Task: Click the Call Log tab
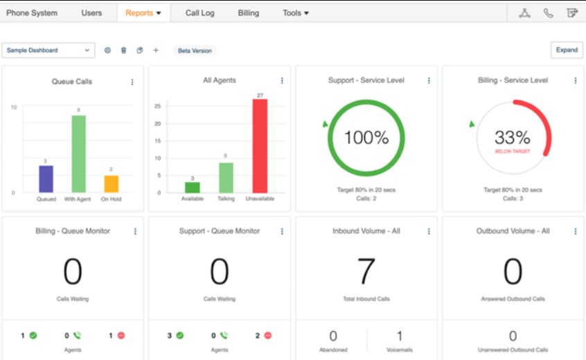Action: point(199,12)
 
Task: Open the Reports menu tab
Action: point(143,12)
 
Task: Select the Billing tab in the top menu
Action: point(248,12)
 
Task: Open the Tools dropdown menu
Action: point(296,12)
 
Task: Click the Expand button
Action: point(567,50)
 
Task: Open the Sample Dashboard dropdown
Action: point(48,50)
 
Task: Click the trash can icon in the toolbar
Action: point(123,50)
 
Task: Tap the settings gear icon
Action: point(107,50)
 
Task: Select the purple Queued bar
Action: point(46,179)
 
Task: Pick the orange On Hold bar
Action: point(112,183)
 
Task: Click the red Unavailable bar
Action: point(260,145)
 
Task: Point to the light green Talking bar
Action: point(227,177)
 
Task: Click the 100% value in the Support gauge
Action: point(366,137)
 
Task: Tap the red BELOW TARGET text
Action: point(513,151)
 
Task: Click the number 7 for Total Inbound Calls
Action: point(366,272)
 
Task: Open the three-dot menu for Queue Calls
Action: point(132,82)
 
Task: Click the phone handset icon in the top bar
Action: point(549,12)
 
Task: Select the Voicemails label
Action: point(400,350)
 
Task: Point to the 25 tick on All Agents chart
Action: point(157,106)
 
